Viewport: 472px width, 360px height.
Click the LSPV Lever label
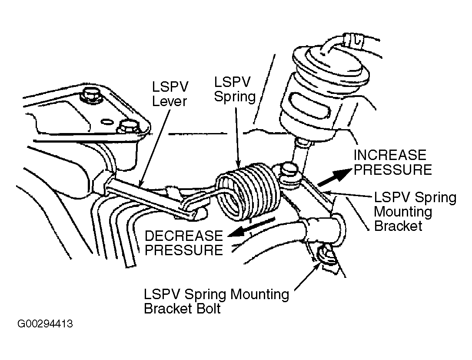coord(170,94)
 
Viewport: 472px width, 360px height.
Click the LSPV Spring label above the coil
coord(235,90)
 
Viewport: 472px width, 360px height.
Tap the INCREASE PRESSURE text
coord(392,162)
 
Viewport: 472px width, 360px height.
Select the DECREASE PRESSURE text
coord(183,243)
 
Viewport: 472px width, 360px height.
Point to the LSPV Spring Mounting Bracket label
coord(415,211)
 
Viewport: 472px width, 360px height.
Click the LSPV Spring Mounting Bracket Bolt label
coord(216,301)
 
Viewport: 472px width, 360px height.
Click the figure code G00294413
coord(45,324)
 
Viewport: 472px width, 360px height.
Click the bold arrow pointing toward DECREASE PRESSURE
coord(251,228)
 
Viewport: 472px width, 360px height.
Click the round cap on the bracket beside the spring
coord(289,171)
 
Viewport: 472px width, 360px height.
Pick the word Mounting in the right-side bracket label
coord(403,212)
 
